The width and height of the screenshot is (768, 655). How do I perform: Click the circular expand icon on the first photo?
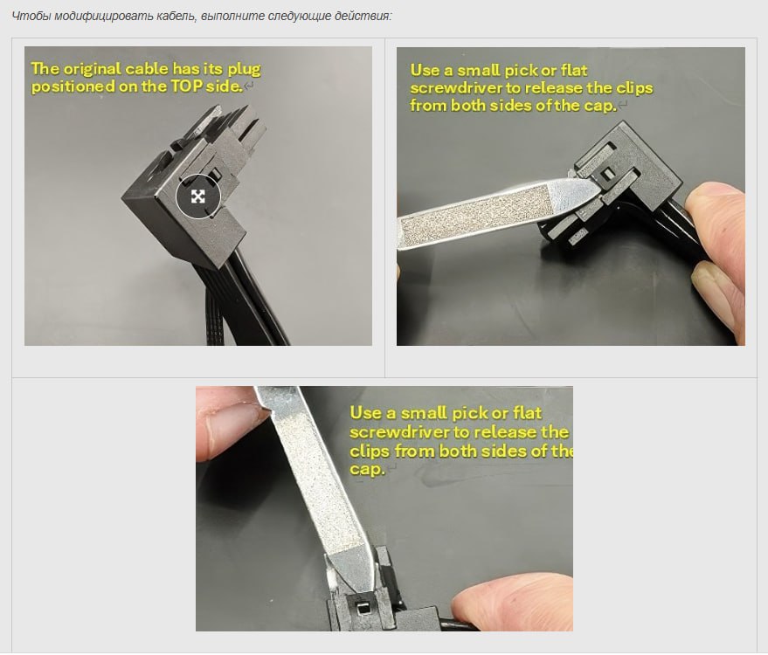(x=198, y=196)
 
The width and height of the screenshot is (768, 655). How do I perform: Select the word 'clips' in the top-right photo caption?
(x=634, y=88)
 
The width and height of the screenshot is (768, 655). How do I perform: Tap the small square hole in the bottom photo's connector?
(x=363, y=610)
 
